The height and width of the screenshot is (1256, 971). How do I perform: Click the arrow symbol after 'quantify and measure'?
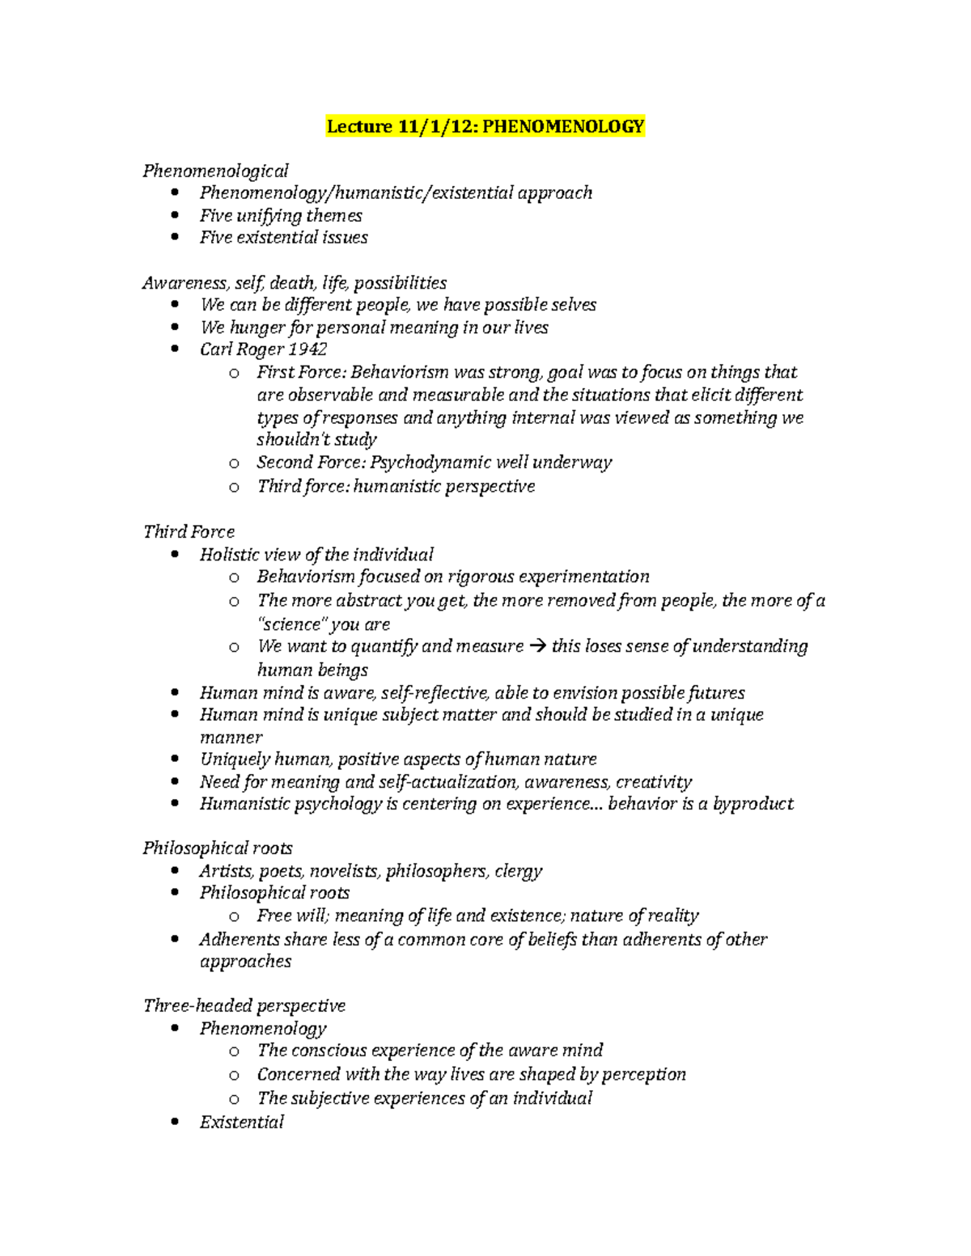[x=537, y=646]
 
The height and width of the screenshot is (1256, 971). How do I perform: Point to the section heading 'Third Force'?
[x=189, y=531]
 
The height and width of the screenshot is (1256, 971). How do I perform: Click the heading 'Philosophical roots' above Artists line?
[x=218, y=848]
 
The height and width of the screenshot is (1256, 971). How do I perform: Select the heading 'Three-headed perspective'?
[x=244, y=1005]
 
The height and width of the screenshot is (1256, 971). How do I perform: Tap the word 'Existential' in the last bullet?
[x=241, y=1122]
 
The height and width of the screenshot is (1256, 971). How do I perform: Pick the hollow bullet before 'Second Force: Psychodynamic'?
[x=234, y=463]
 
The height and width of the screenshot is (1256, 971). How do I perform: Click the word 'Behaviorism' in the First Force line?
[x=401, y=372]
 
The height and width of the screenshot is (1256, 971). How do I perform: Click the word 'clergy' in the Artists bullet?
[x=518, y=870]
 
